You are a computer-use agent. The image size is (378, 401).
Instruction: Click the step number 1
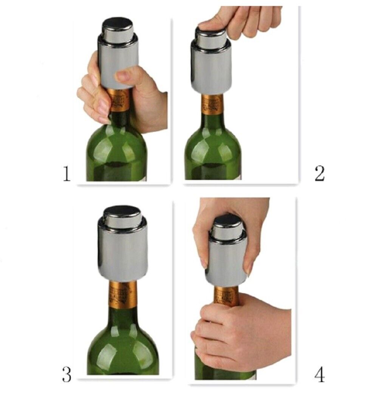(x=67, y=173)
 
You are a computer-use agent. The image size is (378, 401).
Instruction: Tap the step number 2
(x=319, y=173)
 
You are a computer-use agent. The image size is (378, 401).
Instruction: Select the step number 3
(x=67, y=375)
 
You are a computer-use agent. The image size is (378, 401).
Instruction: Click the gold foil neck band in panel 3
(x=122, y=294)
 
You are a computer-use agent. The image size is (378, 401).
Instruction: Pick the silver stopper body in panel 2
(x=212, y=67)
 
